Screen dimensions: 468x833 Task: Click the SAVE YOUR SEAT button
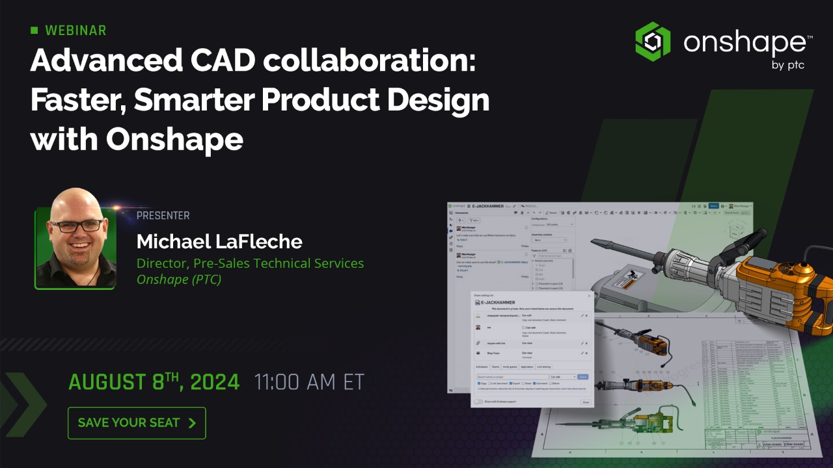point(137,423)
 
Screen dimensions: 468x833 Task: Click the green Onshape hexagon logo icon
point(653,42)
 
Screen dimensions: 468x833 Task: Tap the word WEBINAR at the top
point(75,31)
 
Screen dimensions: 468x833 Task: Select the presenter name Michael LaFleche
point(219,242)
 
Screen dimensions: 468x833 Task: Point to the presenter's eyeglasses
point(77,226)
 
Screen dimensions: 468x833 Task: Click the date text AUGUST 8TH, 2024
point(154,382)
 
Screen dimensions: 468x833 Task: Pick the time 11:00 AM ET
point(309,382)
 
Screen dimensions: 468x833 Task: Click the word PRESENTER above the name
point(163,216)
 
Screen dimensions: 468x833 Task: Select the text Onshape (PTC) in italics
point(178,279)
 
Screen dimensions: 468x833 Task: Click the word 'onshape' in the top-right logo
point(744,43)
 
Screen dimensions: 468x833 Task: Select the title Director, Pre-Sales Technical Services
point(250,263)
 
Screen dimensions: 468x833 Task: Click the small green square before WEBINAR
point(34,31)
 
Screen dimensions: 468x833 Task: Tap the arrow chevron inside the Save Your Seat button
point(192,423)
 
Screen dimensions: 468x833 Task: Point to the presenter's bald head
point(76,201)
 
